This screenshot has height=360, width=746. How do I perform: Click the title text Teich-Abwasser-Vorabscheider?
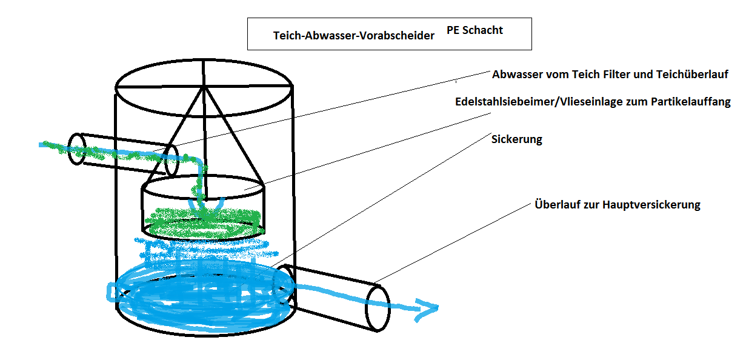point(354,36)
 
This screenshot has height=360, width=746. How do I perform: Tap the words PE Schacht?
point(475,30)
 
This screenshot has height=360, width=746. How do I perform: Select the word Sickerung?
point(516,139)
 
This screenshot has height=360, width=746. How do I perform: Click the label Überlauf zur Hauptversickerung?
point(617,205)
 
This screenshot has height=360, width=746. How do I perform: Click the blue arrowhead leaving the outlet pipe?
point(427,310)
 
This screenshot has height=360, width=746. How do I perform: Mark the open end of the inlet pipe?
point(76,148)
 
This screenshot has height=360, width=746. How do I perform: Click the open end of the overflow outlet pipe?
point(378,307)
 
